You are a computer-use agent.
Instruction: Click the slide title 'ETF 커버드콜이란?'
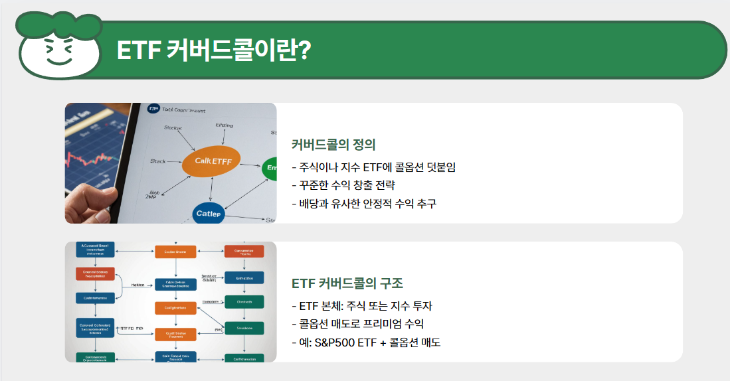point(213,50)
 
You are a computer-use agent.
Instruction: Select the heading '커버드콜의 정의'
point(333,144)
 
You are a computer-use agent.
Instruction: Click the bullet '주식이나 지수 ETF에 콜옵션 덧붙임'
point(373,167)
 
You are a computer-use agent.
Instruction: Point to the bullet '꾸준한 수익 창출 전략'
point(347,185)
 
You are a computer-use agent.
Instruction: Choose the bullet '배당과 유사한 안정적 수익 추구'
point(364,204)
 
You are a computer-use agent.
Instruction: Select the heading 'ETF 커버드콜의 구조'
point(347,283)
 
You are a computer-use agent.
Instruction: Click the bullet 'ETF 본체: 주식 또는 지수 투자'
point(362,306)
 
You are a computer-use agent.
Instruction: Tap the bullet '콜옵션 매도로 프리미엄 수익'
point(357,325)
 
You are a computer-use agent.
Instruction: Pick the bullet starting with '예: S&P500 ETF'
point(366,343)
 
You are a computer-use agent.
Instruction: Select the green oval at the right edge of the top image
point(270,169)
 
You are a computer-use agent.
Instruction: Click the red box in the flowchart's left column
point(96,274)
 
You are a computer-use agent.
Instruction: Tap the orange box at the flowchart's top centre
point(175,251)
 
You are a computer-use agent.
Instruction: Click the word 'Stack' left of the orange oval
point(158,161)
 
